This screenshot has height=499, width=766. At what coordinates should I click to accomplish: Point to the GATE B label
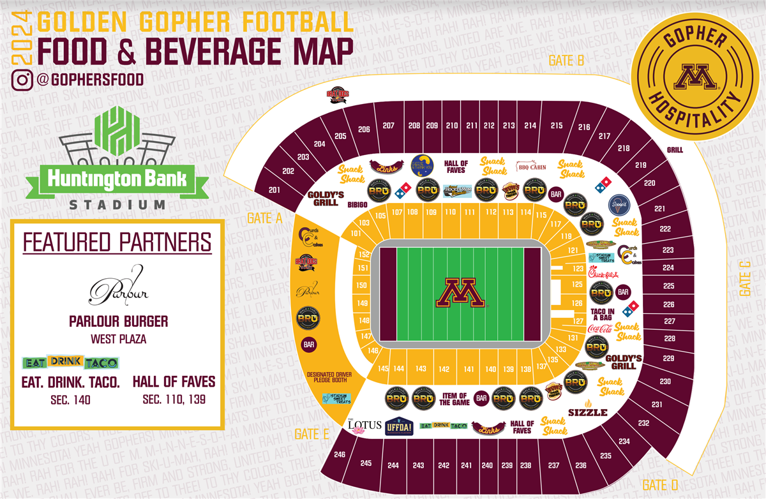click(x=567, y=61)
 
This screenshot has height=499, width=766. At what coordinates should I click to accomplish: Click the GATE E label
click(x=312, y=434)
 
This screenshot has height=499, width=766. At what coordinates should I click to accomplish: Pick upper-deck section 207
click(x=388, y=126)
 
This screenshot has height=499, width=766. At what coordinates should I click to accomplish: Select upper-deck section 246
click(x=339, y=455)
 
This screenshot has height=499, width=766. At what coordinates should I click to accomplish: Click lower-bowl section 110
click(x=451, y=212)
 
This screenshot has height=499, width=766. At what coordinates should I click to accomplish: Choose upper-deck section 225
click(x=668, y=286)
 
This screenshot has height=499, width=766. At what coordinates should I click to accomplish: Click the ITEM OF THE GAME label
click(x=454, y=399)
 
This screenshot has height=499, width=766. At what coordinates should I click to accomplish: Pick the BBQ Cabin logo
click(x=532, y=167)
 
